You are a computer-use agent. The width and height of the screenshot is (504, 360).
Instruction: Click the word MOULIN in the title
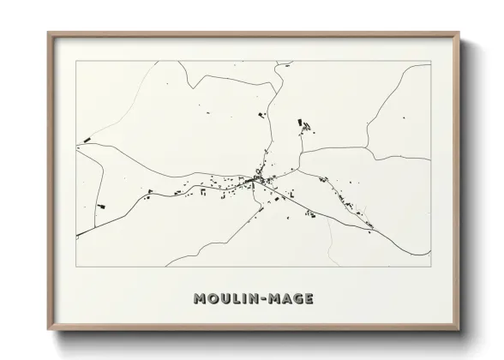click(x=225, y=299)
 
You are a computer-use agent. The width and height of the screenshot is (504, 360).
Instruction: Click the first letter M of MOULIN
click(x=200, y=299)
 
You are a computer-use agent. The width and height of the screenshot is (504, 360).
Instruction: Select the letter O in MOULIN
click(x=212, y=299)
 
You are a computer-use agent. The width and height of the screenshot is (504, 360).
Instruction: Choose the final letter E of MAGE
click(x=308, y=299)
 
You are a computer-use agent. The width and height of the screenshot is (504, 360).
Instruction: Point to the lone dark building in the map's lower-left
click(x=100, y=206)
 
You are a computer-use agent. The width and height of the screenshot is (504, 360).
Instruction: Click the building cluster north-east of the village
click(x=304, y=126)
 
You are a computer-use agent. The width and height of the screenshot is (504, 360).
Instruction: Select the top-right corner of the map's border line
click(x=430, y=61)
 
